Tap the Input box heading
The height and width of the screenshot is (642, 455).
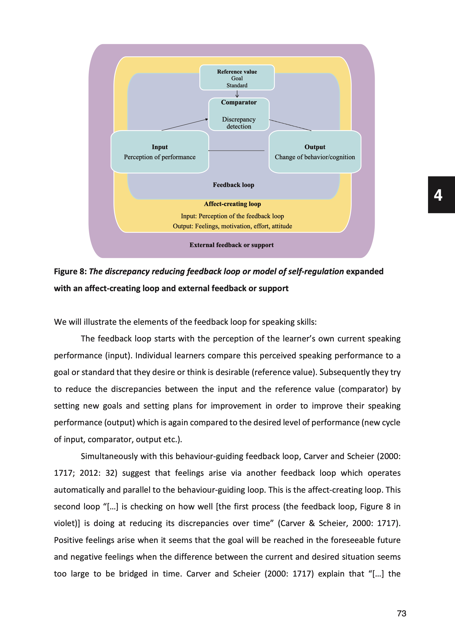point(160,147)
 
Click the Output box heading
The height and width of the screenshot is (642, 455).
point(315,147)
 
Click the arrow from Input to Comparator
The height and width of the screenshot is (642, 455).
point(185,125)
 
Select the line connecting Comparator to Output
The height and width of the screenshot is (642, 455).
point(290,125)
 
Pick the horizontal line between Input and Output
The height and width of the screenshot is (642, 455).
point(236,151)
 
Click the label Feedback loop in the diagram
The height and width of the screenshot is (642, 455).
point(233,185)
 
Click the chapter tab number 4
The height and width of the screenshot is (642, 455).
point(438,195)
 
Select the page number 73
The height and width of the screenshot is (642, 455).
point(401,614)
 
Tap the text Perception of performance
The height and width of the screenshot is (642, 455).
point(160,157)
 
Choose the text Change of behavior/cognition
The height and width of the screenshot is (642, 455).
point(315,157)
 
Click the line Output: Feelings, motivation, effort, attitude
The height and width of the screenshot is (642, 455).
point(232,226)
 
